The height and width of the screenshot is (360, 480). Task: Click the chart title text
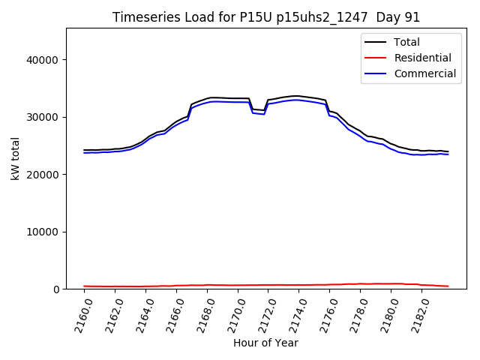[x=266, y=17]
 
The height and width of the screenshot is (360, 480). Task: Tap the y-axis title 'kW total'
[x=16, y=159]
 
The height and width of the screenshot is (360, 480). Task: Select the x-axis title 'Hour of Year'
[x=265, y=343]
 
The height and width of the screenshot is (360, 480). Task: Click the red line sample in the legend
[x=376, y=58]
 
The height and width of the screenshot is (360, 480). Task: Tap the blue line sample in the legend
[x=376, y=73]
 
